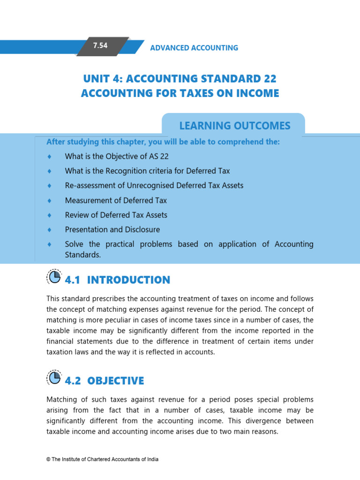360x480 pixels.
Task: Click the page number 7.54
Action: tap(100, 46)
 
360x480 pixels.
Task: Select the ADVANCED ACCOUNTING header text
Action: tap(194, 48)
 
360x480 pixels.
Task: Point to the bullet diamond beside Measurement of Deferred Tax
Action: tap(49, 201)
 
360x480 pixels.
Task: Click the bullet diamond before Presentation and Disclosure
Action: tap(49, 230)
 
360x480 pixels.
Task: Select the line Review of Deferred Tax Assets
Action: tap(116, 215)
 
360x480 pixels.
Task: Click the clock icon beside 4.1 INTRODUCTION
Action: tap(54, 277)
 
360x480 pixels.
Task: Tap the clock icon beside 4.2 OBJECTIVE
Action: tap(54, 378)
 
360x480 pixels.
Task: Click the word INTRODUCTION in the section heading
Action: tap(128, 280)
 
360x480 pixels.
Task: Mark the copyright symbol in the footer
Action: tap(48, 459)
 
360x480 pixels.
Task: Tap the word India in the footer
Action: tap(151, 459)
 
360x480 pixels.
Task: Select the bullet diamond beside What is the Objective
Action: tap(49, 157)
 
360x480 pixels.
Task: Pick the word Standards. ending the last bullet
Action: tap(83, 255)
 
